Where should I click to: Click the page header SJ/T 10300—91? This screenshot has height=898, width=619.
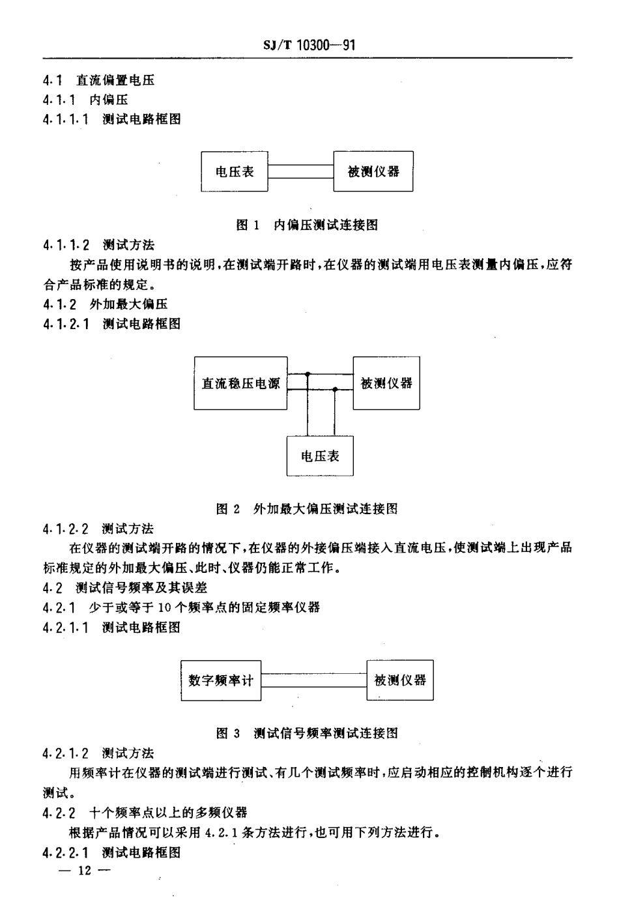[x=309, y=44]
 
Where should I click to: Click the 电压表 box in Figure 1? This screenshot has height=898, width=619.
[x=235, y=171]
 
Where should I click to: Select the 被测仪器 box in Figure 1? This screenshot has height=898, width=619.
[x=373, y=171]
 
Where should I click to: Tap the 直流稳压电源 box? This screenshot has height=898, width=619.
[x=241, y=383]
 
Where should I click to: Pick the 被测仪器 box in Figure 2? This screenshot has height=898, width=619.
[x=386, y=383]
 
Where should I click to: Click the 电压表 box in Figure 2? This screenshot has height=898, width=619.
[x=320, y=456]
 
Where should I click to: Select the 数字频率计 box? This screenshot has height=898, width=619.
[x=220, y=680]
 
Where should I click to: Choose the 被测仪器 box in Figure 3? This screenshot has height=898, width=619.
[x=400, y=680]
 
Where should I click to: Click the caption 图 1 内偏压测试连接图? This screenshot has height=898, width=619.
[x=306, y=225]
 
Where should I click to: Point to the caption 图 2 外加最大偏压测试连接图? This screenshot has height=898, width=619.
[x=306, y=509]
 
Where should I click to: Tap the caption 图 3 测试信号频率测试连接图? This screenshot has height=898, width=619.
[x=306, y=733]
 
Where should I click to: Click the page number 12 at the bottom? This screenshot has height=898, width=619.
[x=85, y=871]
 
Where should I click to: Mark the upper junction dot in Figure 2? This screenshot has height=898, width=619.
[x=308, y=375]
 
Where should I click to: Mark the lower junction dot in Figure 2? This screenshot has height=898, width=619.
[x=335, y=389]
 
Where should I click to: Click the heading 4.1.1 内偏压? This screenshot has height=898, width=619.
[x=85, y=100]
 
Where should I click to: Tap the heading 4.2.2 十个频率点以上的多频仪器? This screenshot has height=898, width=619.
[x=145, y=813]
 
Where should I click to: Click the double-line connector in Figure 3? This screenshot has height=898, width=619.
[x=313, y=680]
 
